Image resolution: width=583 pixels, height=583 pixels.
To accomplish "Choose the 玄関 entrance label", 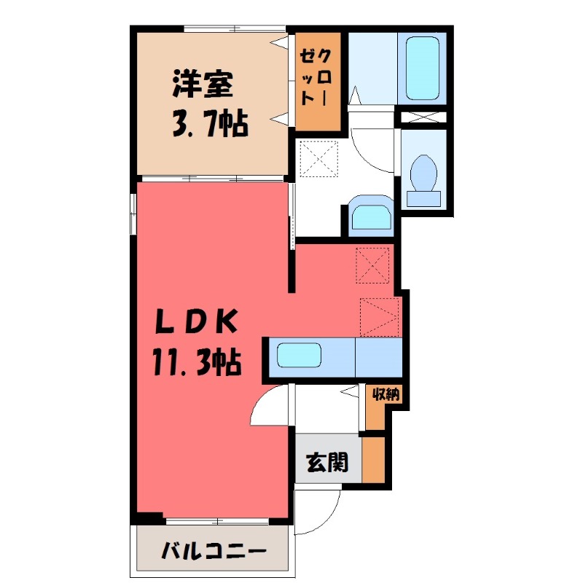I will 326,461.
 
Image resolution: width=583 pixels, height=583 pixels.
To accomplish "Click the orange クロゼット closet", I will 318,81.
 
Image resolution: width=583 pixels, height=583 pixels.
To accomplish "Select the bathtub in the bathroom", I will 422,68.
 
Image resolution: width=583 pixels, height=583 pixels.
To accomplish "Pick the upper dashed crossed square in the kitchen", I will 375,265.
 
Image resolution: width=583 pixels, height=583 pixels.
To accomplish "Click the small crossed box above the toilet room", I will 423,116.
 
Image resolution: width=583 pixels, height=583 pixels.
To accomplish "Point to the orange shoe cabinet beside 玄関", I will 373,458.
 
